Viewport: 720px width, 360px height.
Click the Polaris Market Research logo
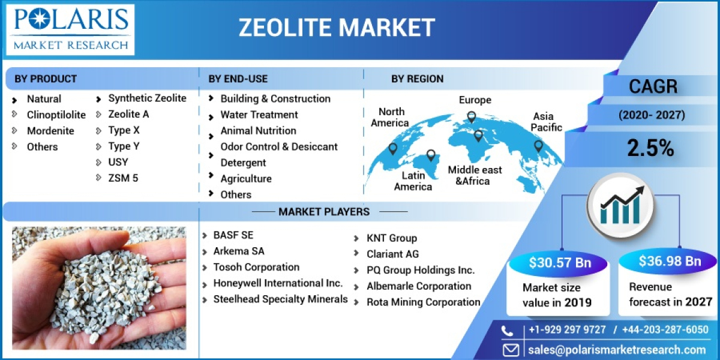coord(71,29)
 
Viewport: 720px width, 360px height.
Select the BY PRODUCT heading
coord(46,79)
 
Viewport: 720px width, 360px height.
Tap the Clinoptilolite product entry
coord(56,115)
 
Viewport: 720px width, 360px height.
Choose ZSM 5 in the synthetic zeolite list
coord(123,178)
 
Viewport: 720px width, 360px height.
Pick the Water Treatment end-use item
coord(259,115)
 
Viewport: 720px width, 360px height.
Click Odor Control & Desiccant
coord(278,146)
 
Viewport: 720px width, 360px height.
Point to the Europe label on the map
coord(475,100)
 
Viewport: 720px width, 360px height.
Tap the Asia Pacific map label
coord(547,122)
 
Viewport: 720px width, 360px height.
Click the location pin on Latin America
coord(430,155)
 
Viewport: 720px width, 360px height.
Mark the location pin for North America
coord(392,148)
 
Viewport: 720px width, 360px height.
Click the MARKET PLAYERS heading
coord(323,211)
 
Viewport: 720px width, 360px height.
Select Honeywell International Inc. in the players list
coord(278,283)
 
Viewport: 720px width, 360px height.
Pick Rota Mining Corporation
coord(423,302)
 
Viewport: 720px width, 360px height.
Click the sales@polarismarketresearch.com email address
coord(617,350)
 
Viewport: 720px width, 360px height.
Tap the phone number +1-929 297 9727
coord(567,330)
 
